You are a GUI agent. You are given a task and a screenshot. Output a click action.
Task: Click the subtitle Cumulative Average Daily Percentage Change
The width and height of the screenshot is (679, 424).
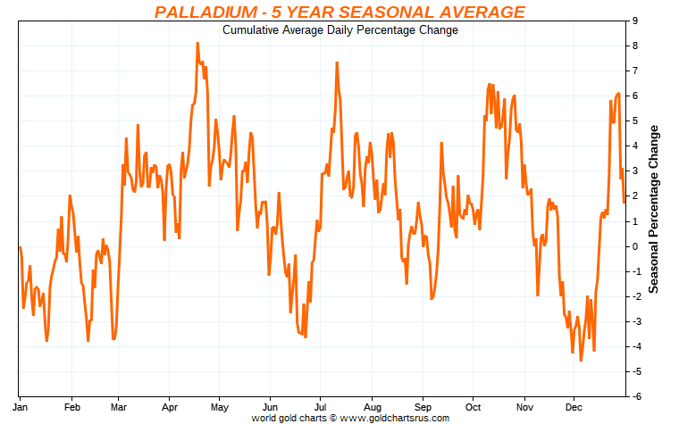tap(339, 30)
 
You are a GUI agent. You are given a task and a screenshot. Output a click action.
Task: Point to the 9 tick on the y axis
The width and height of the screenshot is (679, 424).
tap(633, 21)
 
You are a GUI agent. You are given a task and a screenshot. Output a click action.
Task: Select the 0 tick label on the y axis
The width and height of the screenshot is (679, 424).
tap(633, 245)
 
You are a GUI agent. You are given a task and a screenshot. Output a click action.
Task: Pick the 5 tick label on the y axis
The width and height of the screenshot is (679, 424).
tap(633, 121)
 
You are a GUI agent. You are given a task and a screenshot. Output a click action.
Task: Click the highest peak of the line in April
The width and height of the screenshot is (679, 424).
tap(197, 43)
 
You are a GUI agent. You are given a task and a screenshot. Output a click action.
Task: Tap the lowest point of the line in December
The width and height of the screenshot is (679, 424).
tap(581, 360)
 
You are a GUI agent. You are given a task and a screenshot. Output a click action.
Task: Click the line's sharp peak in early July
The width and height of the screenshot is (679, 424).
tap(337, 62)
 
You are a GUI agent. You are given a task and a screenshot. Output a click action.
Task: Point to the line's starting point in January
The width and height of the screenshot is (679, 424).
tap(20, 246)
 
